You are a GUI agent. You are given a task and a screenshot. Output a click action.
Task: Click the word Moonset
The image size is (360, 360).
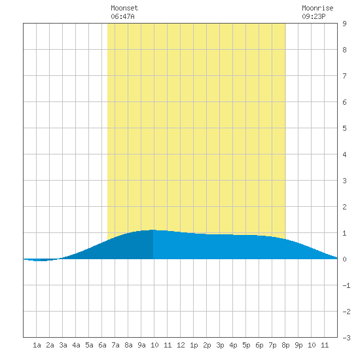[124, 8]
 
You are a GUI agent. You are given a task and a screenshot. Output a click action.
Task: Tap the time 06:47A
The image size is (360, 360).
[122, 16]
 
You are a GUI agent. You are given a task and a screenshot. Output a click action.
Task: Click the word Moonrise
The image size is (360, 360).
[317, 8]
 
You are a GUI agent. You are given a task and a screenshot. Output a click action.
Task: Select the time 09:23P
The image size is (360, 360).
[314, 16]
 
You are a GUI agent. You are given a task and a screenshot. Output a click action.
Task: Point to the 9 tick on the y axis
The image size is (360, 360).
[344, 24]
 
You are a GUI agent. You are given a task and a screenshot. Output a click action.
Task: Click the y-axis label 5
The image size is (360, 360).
[344, 128]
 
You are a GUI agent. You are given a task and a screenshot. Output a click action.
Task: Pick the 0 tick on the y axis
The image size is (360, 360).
[344, 259]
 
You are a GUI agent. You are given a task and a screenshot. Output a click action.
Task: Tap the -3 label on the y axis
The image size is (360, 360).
[346, 338]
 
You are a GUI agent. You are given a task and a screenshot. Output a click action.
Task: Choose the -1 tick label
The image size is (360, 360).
[346, 285]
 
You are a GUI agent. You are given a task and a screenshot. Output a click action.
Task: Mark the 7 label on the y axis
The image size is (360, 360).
[344, 76]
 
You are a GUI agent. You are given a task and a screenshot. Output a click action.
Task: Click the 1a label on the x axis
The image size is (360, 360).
[37, 345]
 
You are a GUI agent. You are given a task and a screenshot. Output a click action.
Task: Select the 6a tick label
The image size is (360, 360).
[102, 345]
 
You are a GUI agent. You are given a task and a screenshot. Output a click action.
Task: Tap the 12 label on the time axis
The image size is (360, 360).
[181, 345]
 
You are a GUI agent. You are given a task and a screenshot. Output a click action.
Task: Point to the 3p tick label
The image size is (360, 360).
[220, 345]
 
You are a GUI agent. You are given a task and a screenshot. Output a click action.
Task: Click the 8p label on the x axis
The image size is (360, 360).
[285, 345]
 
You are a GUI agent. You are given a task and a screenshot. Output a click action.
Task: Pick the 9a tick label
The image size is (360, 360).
[141, 345]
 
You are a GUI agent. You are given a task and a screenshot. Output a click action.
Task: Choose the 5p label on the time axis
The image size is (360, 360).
[246, 345]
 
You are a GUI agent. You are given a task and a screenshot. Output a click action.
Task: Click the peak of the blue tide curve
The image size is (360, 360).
[153, 230]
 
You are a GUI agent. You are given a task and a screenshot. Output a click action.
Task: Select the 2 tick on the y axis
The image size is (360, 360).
[344, 207]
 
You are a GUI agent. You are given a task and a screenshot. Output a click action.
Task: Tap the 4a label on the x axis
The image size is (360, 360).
[76, 345]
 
